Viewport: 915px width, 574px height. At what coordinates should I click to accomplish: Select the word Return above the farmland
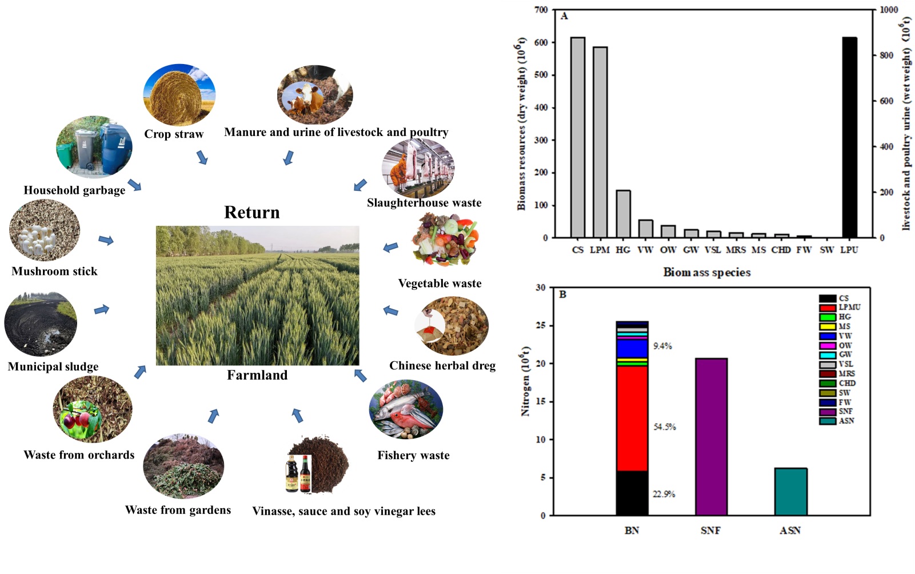pos(252,213)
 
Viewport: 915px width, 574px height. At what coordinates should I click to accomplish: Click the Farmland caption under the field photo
pos(257,375)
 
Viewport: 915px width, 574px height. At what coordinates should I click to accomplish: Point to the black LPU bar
pos(849,137)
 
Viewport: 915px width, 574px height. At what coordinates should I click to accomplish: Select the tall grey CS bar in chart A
pos(578,137)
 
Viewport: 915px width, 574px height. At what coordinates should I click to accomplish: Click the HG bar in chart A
pos(623,214)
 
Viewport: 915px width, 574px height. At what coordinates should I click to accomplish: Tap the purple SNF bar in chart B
pos(711,437)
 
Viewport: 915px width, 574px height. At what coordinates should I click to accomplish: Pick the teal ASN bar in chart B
pos(790,492)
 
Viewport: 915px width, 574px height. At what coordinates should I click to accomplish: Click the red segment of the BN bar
pos(632,417)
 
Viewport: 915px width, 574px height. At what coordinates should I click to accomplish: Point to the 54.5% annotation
pos(665,427)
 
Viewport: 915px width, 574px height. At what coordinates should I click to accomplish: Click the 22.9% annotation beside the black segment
pos(664,494)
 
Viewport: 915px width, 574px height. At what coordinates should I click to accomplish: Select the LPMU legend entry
pos(840,308)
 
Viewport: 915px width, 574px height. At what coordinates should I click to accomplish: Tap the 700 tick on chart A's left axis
pos(541,10)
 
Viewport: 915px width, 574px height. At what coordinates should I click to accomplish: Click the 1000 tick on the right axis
pos(889,10)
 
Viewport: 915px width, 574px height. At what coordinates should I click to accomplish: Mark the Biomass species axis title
pos(706,273)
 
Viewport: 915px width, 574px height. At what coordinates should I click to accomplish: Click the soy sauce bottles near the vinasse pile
pos(298,474)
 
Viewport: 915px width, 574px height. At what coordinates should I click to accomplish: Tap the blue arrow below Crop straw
pos(202,157)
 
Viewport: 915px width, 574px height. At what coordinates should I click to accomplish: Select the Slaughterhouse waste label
pos(424,203)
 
